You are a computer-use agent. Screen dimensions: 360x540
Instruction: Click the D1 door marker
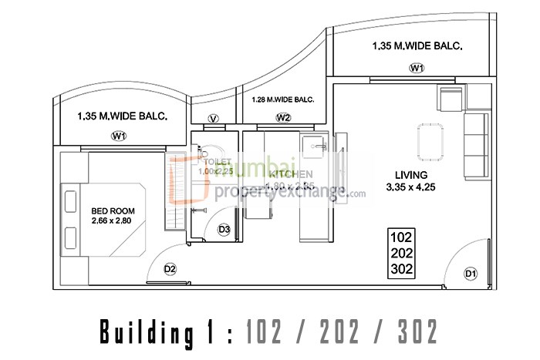pos(470,274)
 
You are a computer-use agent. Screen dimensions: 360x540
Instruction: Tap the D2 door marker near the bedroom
pos(170,269)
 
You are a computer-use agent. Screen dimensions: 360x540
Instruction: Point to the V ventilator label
pos(214,119)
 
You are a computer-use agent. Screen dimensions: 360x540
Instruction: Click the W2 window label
pos(284,118)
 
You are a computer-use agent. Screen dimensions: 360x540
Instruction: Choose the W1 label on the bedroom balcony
pos(119,136)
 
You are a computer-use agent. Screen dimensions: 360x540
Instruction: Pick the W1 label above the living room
pos(417,69)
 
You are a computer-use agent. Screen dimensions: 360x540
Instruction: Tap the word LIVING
pos(405,173)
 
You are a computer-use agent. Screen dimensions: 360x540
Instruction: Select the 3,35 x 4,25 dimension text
pos(410,186)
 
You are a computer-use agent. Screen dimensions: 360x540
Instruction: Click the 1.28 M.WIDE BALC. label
pos(282,99)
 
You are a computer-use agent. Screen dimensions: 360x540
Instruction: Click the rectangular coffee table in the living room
pos(429,143)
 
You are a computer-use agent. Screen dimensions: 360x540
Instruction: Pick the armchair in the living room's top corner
pos(451,99)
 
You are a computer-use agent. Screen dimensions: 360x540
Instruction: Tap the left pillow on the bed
pos(71,201)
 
